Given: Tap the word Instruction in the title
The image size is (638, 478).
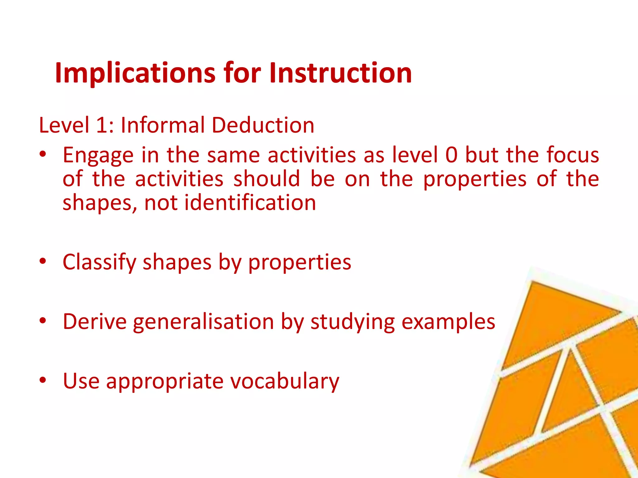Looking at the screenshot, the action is (340, 73).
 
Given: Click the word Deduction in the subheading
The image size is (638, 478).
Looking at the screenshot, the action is (263, 125).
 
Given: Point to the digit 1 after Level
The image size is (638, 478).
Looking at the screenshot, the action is (102, 125).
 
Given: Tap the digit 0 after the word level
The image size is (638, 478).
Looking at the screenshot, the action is (451, 155).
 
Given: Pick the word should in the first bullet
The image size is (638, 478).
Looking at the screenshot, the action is (267, 179).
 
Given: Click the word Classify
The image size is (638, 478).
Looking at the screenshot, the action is (99, 262).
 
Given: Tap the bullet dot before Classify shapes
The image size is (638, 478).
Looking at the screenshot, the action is (43, 260).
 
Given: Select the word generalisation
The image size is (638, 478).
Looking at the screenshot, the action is (203, 321).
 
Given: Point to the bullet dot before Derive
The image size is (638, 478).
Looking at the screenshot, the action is (43, 320).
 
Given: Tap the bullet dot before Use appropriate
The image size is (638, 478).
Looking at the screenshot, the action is (43, 379).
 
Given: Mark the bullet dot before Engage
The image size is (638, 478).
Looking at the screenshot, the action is (43, 153).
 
